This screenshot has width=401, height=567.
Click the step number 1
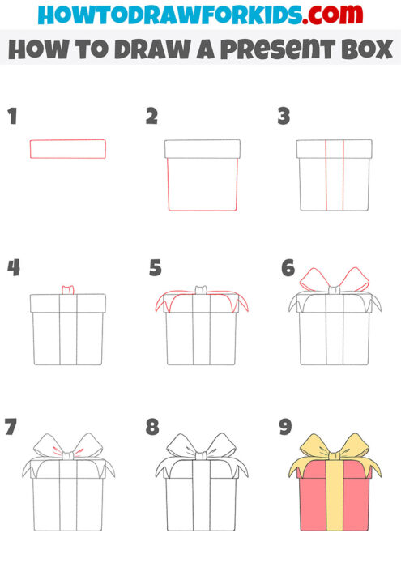coord(11,117)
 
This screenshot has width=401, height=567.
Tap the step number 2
coord(151,117)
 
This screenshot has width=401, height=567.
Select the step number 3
coord(284,117)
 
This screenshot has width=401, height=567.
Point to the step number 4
coord(13,267)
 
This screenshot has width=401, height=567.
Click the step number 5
coord(156,267)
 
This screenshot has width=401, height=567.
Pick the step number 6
coord(287,267)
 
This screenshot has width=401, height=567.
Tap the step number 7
coord(11,427)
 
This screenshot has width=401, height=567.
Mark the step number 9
coord(285,427)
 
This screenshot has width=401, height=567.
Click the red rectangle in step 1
coord(68,148)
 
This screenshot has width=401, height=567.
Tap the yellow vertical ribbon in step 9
coord(334,502)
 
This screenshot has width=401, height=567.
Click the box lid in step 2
coord(203,148)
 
